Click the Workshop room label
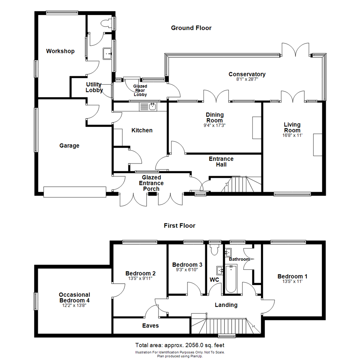pos(60,51)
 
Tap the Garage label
pos(69,146)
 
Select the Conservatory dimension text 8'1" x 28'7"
pos(247,79)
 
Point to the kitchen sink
pos(148,107)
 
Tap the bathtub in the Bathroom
pos(231,279)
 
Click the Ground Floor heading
pos(191,28)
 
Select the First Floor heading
pos(180,226)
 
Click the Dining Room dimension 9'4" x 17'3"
pos(215,125)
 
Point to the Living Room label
pos(292,127)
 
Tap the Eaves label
pos(150,326)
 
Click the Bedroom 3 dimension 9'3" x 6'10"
pos(187,270)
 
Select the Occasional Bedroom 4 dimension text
pos(74,306)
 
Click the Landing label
pos(226,305)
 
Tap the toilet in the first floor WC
pos(214,250)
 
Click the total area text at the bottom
pos(180,345)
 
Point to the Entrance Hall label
pos(221,162)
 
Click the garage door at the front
pos(75,192)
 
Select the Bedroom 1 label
pos(292,276)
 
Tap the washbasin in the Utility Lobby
pos(107,53)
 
